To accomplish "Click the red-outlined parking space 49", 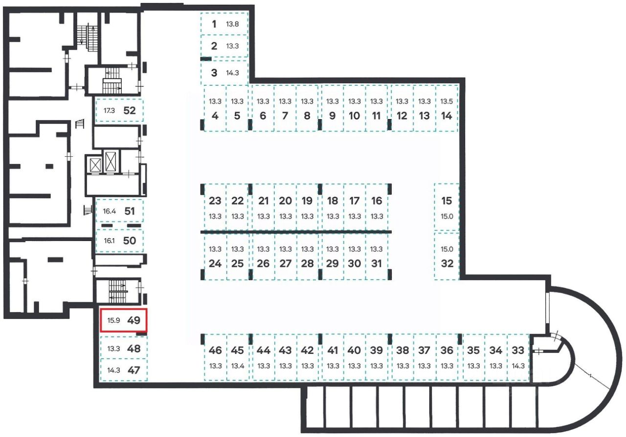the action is [x=123, y=321].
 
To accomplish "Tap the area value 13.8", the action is [x=232, y=24].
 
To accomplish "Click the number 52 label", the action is [x=129, y=111].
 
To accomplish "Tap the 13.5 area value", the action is [x=447, y=102].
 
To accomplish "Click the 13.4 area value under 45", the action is [x=237, y=366].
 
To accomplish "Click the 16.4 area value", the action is [x=109, y=212].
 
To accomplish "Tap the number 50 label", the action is [x=129, y=241].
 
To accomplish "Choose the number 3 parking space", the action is [x=224, y=73].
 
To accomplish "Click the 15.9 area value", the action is [x=113, y=321].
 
